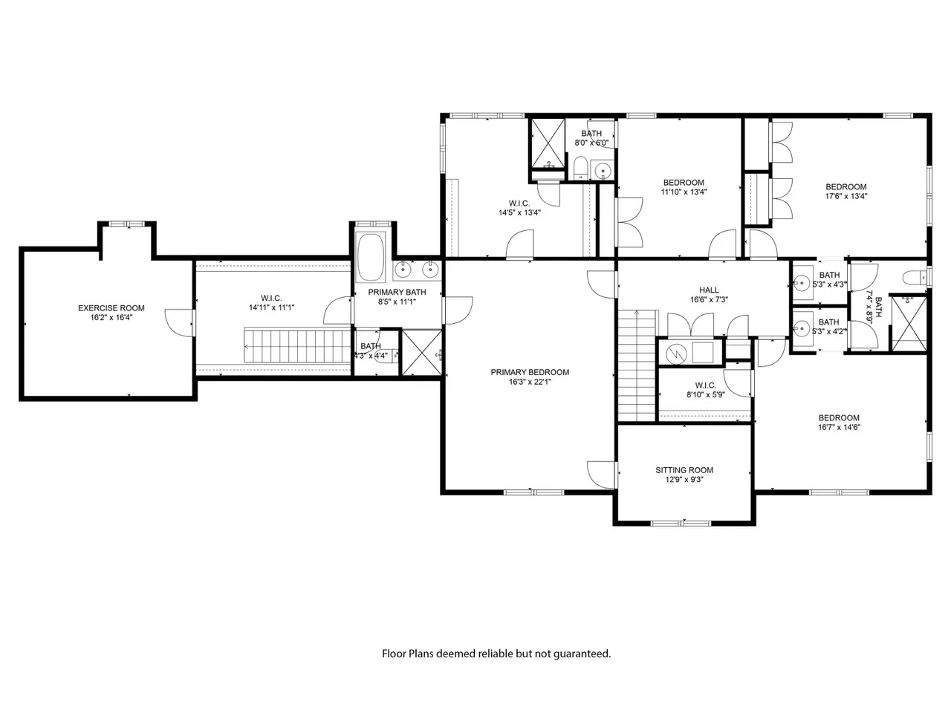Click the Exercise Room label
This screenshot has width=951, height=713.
coord(111,307)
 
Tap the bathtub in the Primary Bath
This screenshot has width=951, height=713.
coord(371,257)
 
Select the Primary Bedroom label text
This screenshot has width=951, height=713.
coord(530,372)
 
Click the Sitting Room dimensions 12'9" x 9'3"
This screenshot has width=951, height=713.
coord(684,479)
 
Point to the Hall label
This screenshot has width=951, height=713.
coord(709,290)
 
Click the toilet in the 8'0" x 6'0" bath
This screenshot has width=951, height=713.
coord(580,168)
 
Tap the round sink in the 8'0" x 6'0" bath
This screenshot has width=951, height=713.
coord(603,170)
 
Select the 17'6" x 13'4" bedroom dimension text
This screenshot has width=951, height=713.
coord(846,196)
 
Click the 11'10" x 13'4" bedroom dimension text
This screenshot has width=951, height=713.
coord(684,192)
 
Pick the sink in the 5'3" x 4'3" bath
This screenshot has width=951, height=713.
coord(802,284)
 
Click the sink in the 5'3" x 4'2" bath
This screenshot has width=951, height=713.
coord(802,329)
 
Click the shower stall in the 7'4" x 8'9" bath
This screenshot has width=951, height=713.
coord(909,323)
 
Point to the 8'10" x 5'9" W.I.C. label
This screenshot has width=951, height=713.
coord(705,385)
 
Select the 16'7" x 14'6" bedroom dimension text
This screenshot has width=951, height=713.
coord(839,427)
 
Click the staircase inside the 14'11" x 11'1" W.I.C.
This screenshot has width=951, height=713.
coord(297,345)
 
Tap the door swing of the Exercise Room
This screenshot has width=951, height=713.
coord(178,322)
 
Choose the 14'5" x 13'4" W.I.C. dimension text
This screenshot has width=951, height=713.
coord(519,212)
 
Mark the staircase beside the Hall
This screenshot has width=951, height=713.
coord(636,365)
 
